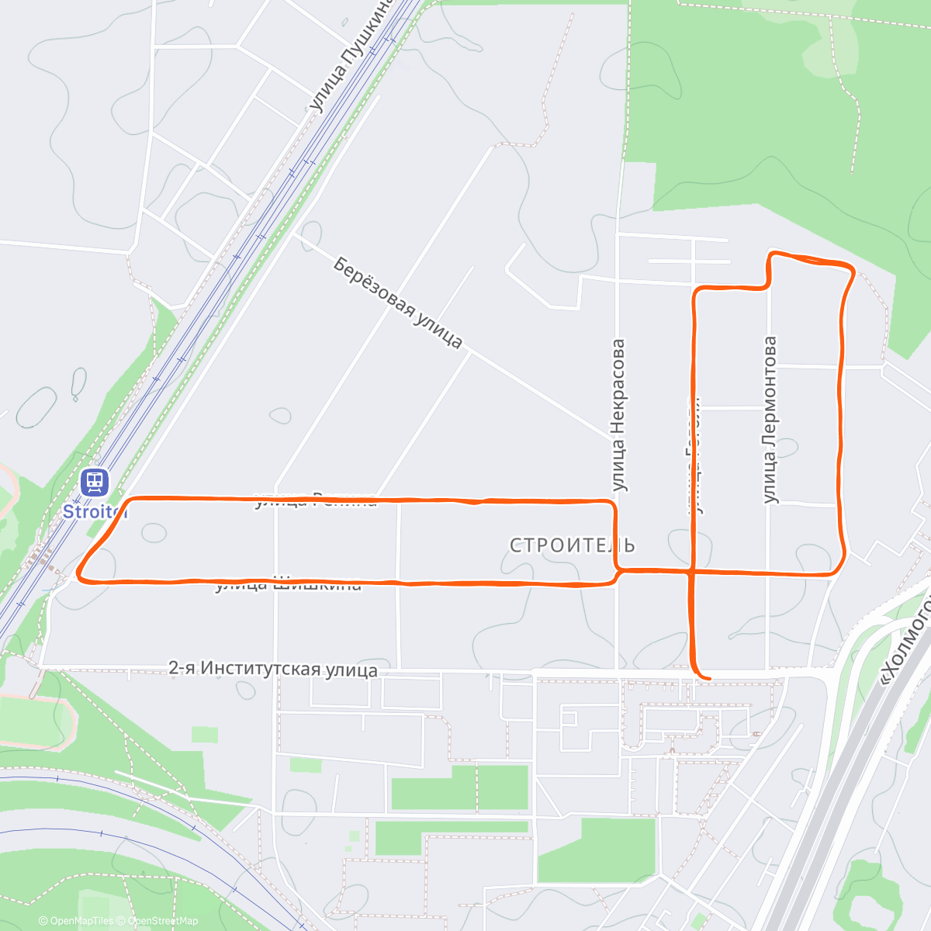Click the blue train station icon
pyautogui.click(x=95, y=482)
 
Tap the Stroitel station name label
pyautogui.click(x=93, y=511)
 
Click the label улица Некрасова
pyautogui.click(x=618, y=415)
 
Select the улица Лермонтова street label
pyautogui.click(x=770, y=419)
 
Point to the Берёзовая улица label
pyautogui.click(x=398, y=303)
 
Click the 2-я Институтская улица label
pyautogui.click(x=273, y=670)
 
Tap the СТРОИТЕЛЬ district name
pyautogui.click(x=573, y=545)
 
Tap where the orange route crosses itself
pyautogui.click(x=692, y=572)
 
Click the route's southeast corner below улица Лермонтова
pyautogui.click(x=838, y=569)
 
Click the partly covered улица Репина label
pyautogui.click(x=316, y=500)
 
